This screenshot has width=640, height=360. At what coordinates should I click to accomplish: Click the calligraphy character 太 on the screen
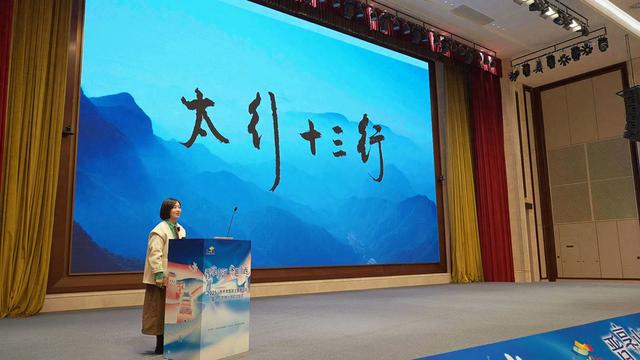click(204, 118)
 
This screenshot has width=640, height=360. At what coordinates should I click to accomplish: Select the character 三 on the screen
click(339, 141)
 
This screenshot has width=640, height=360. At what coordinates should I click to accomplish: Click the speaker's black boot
click(159, 343)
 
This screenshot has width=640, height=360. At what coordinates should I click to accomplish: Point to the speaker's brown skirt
click(153, 310)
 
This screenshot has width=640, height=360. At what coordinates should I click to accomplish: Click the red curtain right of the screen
click(491, 180)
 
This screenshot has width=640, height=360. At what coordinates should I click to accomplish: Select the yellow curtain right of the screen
click(461, 180)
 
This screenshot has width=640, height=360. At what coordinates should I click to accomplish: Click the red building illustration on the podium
click(184, 299)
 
